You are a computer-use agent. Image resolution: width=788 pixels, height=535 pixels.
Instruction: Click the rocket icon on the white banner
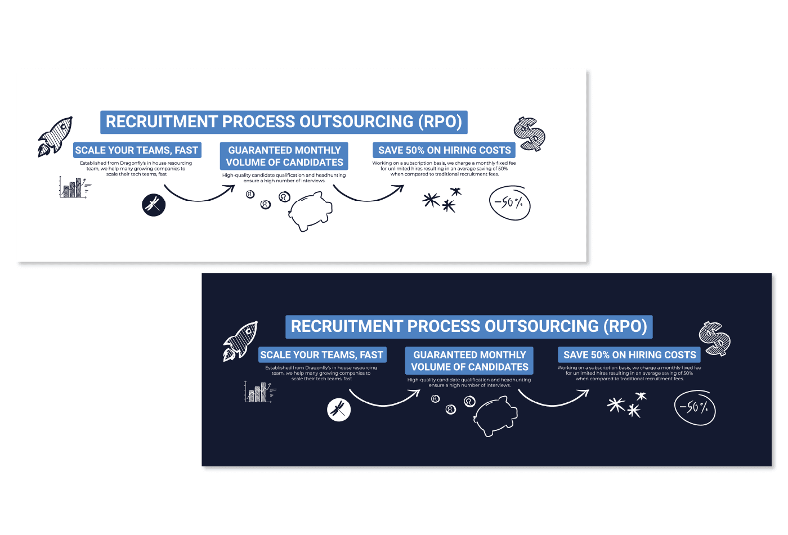pyautogui.click(x=55, y=136)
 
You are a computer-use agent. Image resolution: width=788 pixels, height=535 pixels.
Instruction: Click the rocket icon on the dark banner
pyautogui.click(x=240, y=341)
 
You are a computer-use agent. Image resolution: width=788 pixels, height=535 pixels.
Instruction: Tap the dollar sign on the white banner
pyautogui.click(x=530, y=134)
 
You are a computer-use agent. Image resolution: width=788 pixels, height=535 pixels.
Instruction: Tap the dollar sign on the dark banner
pyautogui.click(x=715, y=339)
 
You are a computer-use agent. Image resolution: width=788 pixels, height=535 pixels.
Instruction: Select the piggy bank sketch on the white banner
pyautogui.click(x=310, y=211)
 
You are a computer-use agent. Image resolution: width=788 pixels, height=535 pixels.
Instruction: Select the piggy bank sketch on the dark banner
pyautogui.click(x=495, y=416)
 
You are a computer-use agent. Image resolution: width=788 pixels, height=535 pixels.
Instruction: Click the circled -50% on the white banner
pyautogui.click(x=509, y=203)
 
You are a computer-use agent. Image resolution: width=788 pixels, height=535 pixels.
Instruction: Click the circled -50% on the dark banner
pyautogui.click(x=695, y=407)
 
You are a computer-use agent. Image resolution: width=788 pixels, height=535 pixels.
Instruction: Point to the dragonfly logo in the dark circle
pyautogui.click(x=154, y=205)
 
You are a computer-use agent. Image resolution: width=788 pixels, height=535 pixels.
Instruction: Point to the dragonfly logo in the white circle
pyautogui.click(x=339, y=410)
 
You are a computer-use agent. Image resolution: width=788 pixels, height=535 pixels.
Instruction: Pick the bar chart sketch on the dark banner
pyautogui.click(x=259, y=392)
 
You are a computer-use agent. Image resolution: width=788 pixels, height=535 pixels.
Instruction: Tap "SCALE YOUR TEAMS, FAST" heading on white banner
pyautogui.click(x=137, y=150)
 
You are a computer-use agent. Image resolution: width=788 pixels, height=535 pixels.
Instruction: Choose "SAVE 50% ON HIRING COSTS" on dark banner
pyautogui.click(x=629, y=355)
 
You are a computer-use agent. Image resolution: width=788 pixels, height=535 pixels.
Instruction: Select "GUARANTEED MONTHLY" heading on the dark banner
pyautogui.click(x=469, y=355)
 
